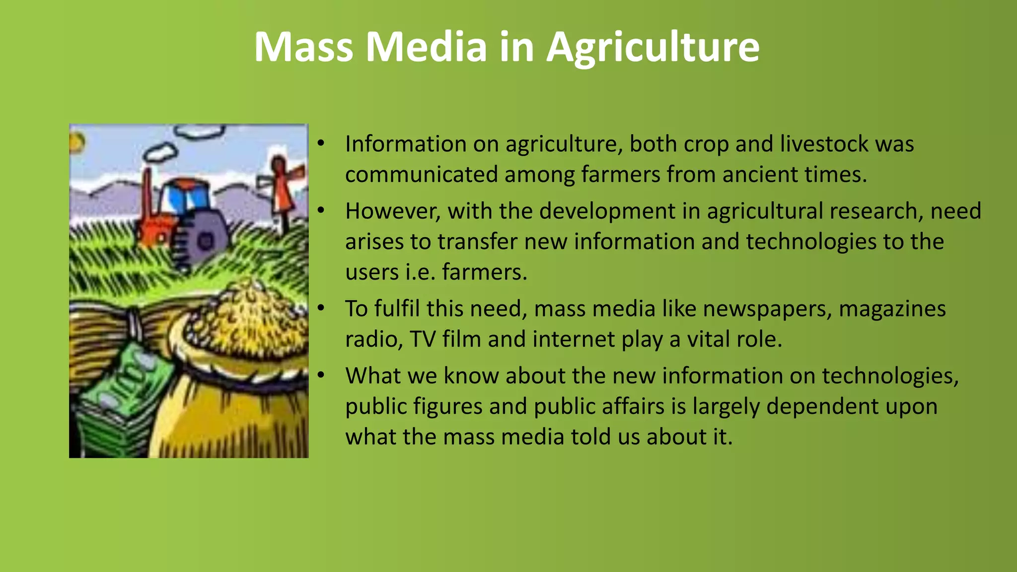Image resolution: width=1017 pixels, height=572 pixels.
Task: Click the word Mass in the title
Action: tap(303, 47)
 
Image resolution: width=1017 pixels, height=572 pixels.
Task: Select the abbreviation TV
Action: tap(423, 340)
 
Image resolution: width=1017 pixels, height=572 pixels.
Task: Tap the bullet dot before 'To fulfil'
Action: tap(321, 309)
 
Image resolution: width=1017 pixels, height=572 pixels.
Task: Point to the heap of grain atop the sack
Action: tap(248, 313)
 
